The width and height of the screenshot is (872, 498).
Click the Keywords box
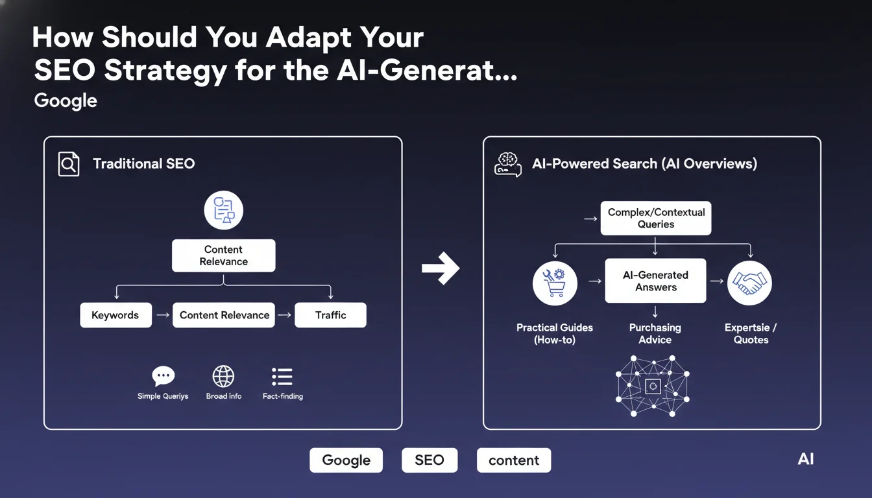pos(115,315)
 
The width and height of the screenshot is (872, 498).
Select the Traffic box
pos(330,315)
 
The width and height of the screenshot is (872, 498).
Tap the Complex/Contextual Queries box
pos(655,218)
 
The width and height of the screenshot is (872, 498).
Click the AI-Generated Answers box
pos(655,281)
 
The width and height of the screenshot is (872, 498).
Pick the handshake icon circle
pos(749,282)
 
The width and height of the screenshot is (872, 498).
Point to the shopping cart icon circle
pos(555,282)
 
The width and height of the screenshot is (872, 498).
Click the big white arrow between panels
pos(441,267)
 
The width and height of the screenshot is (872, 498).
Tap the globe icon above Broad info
pos(223,376)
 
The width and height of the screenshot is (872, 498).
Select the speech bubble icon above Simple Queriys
pos(163,376)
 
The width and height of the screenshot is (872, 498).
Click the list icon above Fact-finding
pos(282,376)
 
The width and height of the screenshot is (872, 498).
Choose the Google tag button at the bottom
pos(346,460)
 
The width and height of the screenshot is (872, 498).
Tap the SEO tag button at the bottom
pos(429,460)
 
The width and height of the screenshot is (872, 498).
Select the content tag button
pos(513,460)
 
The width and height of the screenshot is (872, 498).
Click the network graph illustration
pos(653,386)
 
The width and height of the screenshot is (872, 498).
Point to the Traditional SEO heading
pos(143,164)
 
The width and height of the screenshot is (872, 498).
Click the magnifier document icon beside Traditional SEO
pos(69,164)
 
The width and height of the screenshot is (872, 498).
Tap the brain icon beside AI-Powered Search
pos(507,164)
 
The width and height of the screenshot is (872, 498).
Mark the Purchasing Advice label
pos(655,333)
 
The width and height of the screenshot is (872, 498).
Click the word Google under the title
pos(66,101)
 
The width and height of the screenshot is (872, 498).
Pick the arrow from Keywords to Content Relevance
pos(162,315)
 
